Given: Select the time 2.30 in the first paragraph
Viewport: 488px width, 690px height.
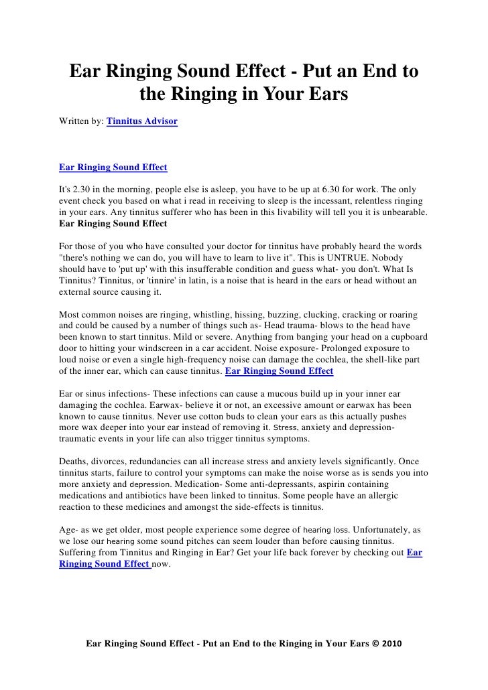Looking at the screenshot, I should click(x=83, y=189).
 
